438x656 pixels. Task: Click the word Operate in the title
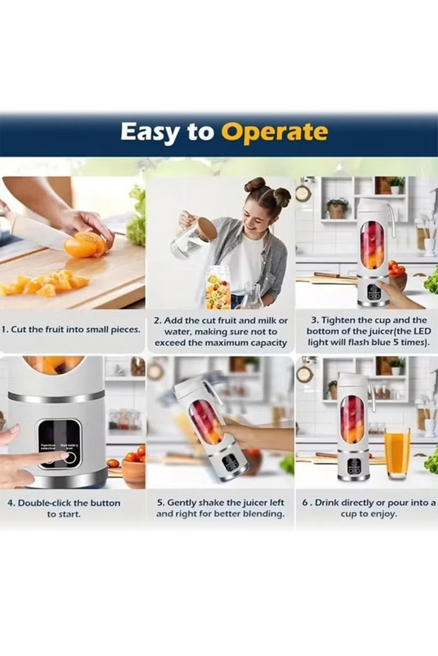coord(274,132)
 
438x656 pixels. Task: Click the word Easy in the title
coord(147,132)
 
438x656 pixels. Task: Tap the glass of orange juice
coord(397,452)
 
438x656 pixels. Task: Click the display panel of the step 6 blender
coord(353,466)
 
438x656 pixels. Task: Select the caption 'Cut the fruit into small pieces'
coord(71,329)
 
